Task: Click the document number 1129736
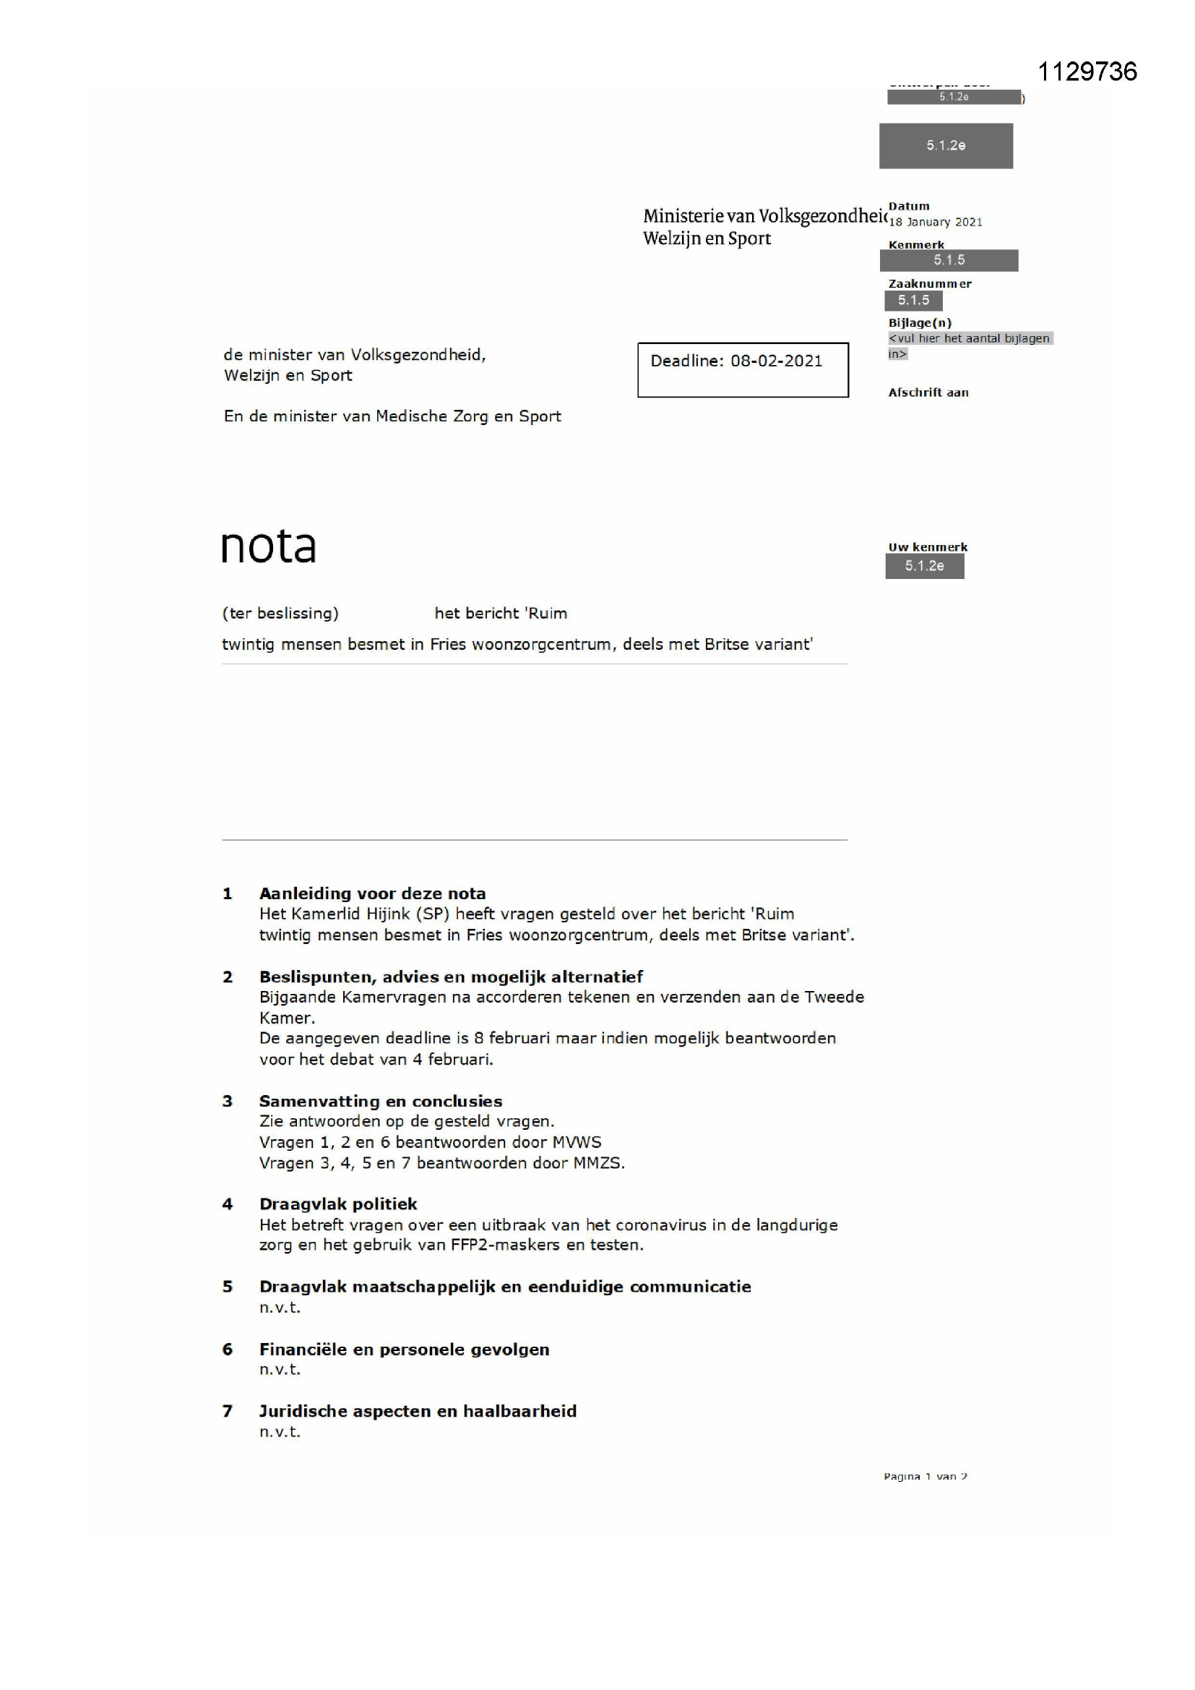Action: coord(1087,72)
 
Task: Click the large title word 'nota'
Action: coord(269,547)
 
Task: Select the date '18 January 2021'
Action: coord(935,223)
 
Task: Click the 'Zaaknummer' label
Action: coord(929,283)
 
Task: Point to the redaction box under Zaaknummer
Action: coord(913,300)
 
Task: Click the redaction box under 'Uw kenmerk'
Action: coord(924,566)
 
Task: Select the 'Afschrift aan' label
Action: coord(928,393)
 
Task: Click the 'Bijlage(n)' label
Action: coord(920,322)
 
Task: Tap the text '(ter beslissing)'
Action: coord(280,613)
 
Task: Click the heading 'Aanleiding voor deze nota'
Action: coord(372,893)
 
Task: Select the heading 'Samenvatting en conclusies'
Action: coord(381,1101)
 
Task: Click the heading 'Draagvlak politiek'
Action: coord(337,1204)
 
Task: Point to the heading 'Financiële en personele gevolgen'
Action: coord(404,1350)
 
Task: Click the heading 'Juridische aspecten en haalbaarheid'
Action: coord(417,1411)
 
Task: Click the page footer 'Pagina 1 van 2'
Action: coord(925,1477)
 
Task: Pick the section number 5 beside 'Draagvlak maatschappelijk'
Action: coord(228,1287)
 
